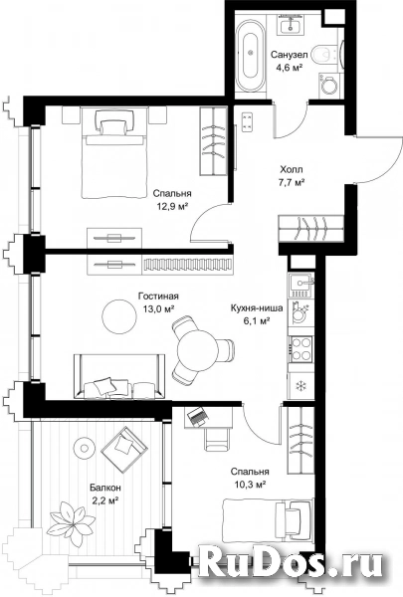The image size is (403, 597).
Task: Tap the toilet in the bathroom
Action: click(324, 55)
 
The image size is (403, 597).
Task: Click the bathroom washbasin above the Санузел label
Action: click(292, 24)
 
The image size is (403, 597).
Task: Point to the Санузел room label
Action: click(290, 55)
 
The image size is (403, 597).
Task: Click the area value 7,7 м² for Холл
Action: click(292, 182)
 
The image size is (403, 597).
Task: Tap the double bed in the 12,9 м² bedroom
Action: click(114, 153)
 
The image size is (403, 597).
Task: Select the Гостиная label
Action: click(158, 296)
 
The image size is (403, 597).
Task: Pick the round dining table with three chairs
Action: click(197, 348)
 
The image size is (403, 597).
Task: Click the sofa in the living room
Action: click(120, 376)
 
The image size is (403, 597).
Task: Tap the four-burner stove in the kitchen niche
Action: click(301, 349)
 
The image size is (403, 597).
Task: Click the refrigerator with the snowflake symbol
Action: click(301, 386)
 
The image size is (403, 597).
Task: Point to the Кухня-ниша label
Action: click(257, 308)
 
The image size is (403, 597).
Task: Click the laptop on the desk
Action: click(198, 416)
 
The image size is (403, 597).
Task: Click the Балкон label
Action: click(105, 487)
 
